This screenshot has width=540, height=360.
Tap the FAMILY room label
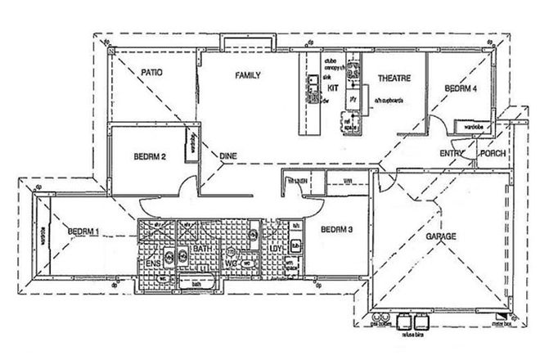pyautogui.click(x=248, y=75)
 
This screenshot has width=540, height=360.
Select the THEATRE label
pyautogui.click(x=393, y=79)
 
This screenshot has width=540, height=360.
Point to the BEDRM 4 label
pyautogui.click(x=461, y=88)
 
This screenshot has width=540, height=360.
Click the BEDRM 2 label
pyautogui.click(x=151, y=155)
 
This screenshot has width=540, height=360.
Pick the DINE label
pyautogui.click(x=228, y=155)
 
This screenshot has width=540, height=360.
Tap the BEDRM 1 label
pyautogui.click(x=84, y=231)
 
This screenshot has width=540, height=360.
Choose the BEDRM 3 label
pyautogui.click(x=336, y=230)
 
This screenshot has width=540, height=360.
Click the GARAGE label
pyautogui.click(x=440, y=236)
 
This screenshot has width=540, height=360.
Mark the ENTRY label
pyautogui.click(x=451, y=153)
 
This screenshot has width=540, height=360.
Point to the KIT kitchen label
pyautogui.click(x=333, y=86)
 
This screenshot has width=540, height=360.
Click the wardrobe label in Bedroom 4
pyautogui.click(x=475, y=128)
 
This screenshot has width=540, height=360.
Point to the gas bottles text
pyautogui.click(x=380, y=324)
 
